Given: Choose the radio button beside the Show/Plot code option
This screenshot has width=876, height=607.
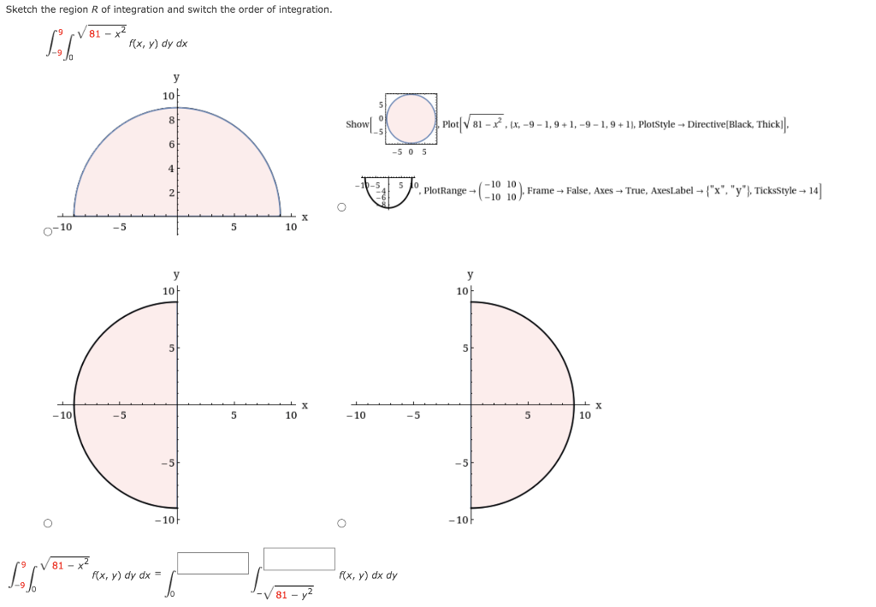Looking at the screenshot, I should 341,206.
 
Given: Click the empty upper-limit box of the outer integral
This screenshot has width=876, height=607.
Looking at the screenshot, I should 213,562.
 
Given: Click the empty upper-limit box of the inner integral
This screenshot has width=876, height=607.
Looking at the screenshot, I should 299,558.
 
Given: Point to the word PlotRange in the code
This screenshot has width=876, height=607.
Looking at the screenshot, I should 445,191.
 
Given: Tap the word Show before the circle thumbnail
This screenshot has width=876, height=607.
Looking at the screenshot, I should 357,124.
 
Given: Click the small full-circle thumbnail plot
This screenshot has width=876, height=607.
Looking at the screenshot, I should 411,119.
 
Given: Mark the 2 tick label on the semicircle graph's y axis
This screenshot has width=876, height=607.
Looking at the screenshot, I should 170,193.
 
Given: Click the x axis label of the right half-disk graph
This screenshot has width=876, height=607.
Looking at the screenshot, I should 599,405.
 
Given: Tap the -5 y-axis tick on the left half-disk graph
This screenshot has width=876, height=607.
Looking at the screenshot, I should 169,463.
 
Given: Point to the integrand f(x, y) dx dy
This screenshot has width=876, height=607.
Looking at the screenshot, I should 369,575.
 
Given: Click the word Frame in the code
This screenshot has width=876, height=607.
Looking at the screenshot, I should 540,191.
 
